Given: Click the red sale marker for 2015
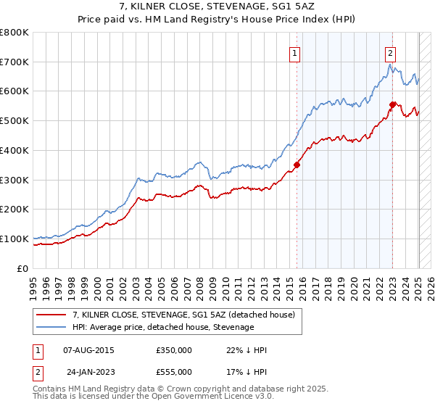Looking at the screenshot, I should tap(297, 165).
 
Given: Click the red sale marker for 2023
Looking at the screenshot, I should tap(392, 104).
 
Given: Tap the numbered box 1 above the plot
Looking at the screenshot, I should tap(296, 52).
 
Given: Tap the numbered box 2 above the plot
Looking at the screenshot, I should tap(390, 52).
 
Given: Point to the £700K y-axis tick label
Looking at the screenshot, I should tap(14, 62).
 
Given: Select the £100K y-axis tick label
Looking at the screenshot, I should tap(14, 239).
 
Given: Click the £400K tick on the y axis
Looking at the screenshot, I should tap(14, 150).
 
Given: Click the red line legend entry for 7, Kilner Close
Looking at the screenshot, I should tap(183, 315).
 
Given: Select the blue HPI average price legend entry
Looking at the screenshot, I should tap(163, 328).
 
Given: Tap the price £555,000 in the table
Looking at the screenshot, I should tap(173, 372).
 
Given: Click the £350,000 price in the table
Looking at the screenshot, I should tap(173, 350).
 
